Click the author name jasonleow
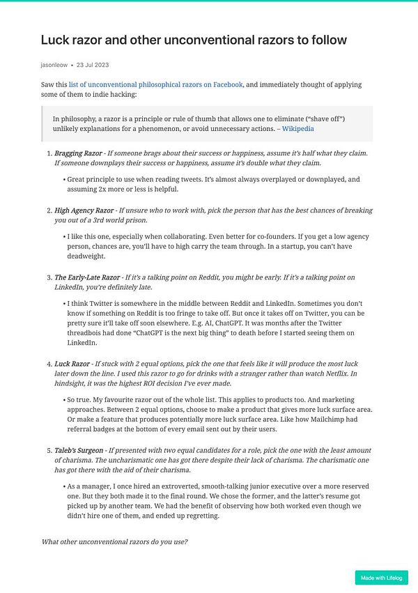(54, 66)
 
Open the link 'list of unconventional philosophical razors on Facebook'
(155, 84)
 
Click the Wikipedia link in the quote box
(297, 128)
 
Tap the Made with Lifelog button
(381, 577)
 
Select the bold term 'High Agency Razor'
(84, 210)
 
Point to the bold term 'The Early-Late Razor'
(87, 277)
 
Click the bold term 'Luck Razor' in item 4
(72, 364)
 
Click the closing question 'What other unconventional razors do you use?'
(114, 541)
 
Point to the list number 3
(48, 277)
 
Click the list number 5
(48, 451)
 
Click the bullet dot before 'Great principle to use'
(63, 179)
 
